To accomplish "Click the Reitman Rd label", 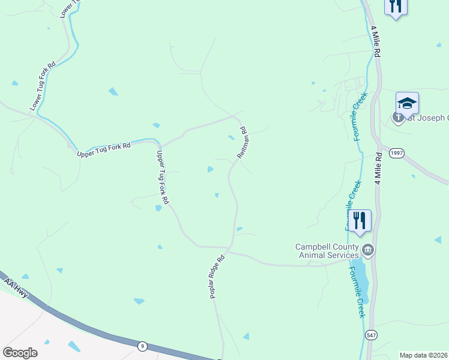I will click(243, 142).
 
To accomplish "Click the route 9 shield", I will click(142, 346).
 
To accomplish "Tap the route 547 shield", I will click(370, 334).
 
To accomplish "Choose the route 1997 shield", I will click(396, 154).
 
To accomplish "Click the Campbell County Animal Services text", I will click(327, 251).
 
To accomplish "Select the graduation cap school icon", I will click(407, 103).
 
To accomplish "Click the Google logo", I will click(20, 353).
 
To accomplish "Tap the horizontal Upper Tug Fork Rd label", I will click(104, 150).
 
